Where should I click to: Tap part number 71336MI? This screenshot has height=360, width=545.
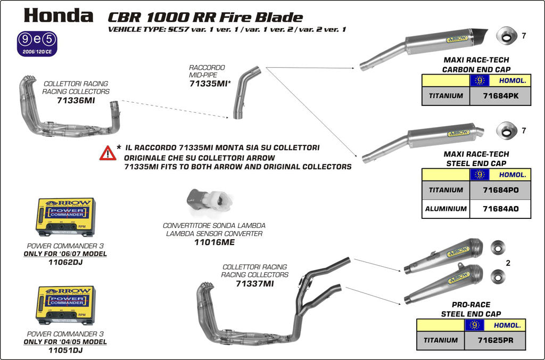pos(76,100)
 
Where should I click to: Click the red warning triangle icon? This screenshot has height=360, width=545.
pos(108,153)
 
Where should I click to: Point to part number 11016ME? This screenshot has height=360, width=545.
pos(214,242)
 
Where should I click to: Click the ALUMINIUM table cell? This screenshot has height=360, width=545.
pos(446,209)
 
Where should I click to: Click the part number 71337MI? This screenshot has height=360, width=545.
pos(254,284)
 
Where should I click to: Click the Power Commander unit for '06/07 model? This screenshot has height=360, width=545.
pos(65,217)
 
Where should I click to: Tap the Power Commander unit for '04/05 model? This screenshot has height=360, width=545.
pos(65,305)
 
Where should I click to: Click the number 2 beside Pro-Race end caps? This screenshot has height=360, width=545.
pos(508,263)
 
